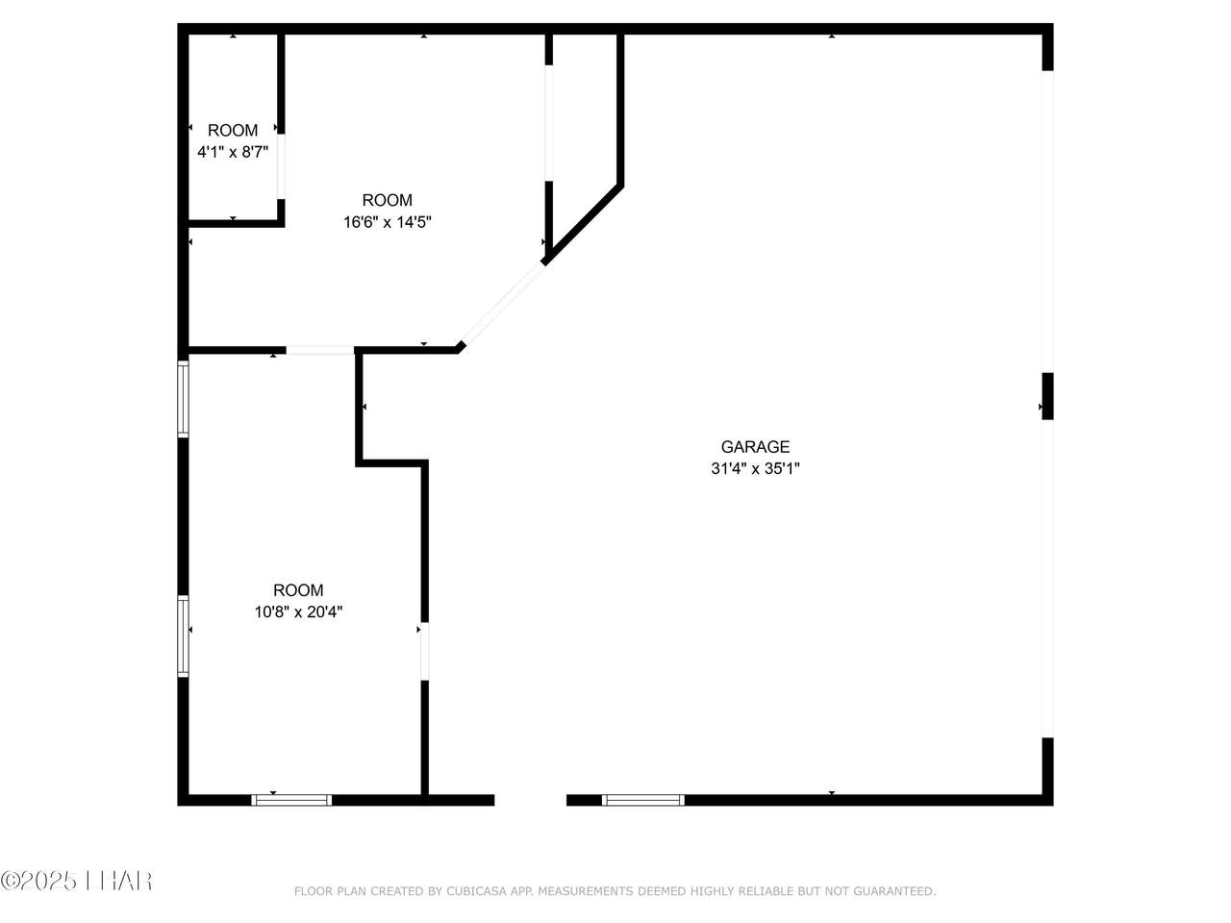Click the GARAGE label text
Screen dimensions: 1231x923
pos(755,447)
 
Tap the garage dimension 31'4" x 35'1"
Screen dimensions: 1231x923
pos(755,468)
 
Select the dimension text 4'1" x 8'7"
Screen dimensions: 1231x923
pos(233,152)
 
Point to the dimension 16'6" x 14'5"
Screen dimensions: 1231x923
pos(387,222)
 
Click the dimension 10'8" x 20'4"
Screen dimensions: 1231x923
pos(298,612)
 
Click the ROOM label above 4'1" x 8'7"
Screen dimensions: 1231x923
pos(233,131)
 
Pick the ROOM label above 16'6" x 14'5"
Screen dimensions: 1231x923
pos(387,200)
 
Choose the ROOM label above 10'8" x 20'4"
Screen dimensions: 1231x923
pos(298,590)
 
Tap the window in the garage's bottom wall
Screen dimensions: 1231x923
pos(643,800)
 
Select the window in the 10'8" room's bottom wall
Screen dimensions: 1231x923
pos(291,800)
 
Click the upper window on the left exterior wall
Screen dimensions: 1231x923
pos(184,398)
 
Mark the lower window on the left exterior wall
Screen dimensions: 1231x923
pos(184,636)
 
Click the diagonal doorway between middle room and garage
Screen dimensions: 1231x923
pos(503,305)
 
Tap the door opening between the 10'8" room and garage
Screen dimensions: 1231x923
pos(424,651)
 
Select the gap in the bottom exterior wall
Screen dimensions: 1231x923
pos(531,800)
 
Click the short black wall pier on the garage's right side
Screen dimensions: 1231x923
pos(1047,396)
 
